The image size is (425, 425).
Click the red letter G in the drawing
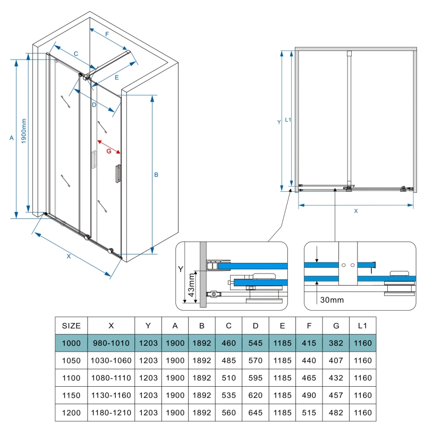109,151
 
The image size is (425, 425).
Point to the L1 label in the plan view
287,120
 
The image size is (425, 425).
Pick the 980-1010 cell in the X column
111,343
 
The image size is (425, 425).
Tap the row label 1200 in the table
72,413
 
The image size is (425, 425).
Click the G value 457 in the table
336,395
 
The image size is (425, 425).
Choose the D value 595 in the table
256,378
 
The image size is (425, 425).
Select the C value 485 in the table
228,361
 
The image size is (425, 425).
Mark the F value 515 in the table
310,413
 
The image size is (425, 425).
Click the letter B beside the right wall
157,175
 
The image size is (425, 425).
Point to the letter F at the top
107,34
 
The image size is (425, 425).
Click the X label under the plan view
356,211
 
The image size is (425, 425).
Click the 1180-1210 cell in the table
111,413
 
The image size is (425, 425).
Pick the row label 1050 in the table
72,361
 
